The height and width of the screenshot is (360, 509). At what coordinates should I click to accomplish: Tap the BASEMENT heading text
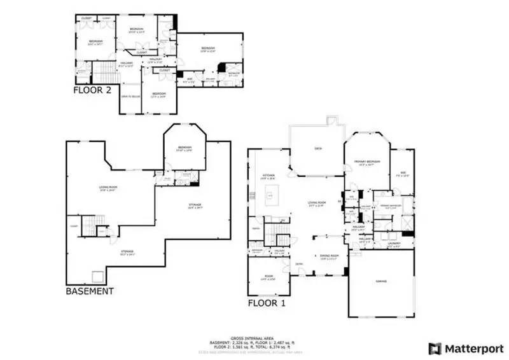pyautogui.click(x=90, y=291)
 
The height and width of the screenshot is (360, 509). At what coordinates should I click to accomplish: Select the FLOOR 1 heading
pyautogui.click(x=267, y=303)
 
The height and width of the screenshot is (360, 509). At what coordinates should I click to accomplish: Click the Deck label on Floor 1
pyautogui.click(x=318, y=149)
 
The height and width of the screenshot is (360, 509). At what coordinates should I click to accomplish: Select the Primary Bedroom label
pyautogui.click(x=367, y=162)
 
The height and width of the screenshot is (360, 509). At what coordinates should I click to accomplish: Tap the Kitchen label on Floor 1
pyautogui.click(x=268, y=176)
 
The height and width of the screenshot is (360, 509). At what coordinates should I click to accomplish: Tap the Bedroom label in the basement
pyautogui.click(x=184, y=148)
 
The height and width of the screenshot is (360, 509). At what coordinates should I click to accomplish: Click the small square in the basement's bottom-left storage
pyautogui.click(x=99, y=276)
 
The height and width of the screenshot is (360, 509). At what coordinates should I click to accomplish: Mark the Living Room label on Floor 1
pyautogui.click(x=316, y=205)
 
